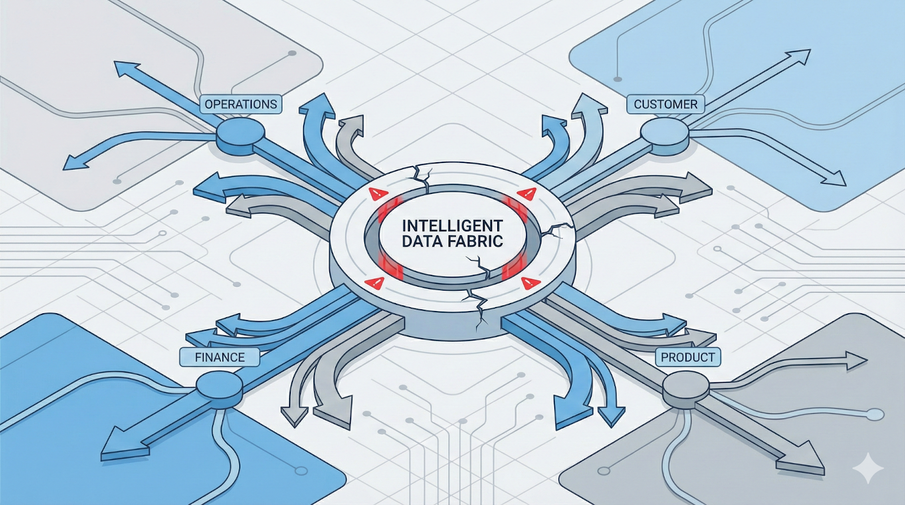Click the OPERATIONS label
click(240, 104)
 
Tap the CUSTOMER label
click(665, 104)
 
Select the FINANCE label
click(219, 357)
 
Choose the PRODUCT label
click(687, 357)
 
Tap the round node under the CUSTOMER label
click(664, 133)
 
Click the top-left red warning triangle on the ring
click(376, 194)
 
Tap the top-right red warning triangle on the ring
click(528, 193)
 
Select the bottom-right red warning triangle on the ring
click(529, 282)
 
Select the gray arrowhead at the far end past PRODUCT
click(803, 457)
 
